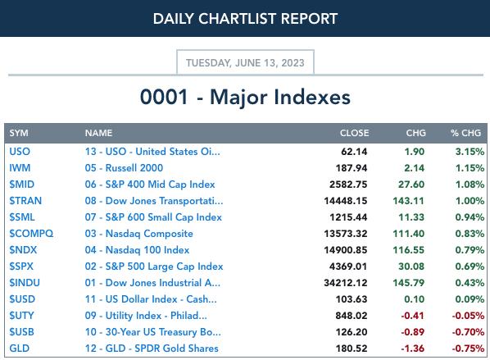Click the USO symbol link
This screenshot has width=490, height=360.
(x=20, y=152)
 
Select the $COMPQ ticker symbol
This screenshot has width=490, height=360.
(x=31, y=234)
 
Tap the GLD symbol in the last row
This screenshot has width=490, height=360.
(x=20, y=349)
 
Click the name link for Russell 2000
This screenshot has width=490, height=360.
(x=124, y=168)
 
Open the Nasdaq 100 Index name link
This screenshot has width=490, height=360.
(x=137, y=250)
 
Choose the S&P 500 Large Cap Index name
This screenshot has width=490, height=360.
(x=154, y=267)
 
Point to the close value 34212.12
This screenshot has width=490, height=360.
(x=345, y=283)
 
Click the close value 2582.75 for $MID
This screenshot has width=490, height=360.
(x=348, y=185)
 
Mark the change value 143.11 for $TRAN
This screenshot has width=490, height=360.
(x=409, y=201)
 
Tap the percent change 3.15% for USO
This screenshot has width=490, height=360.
(x=470, y=152)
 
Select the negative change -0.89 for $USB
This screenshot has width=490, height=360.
(x=412, y=332)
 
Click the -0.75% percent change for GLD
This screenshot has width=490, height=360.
(x=468, y=349)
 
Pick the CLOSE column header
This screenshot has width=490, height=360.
(x=354, y=133)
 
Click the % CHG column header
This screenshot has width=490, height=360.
(x=465, y=133)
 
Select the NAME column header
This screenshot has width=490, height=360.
(x=98, y=133)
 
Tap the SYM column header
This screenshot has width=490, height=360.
(x=19, y=133)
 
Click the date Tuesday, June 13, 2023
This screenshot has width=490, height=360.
(x=245, y=63)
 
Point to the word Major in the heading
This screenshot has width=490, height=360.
(x=238, y=98)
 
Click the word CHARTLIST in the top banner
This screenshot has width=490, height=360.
(x=238, y=19)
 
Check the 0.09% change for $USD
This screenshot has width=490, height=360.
(x=470, y=299)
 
